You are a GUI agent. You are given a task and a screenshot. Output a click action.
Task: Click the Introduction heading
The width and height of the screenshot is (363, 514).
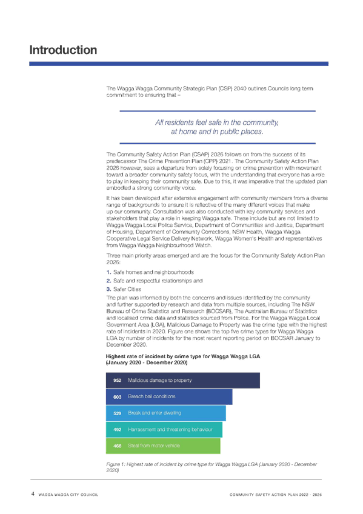point(63,50)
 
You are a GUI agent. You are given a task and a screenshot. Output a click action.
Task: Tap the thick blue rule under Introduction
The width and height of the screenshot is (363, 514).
point(179,64)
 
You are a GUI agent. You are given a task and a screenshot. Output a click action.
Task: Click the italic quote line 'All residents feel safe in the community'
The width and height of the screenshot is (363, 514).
point(217,122)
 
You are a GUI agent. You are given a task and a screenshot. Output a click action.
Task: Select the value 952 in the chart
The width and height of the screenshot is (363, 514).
point(118,380)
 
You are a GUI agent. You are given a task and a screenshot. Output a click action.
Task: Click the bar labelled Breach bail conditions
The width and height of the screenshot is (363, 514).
point(169,396)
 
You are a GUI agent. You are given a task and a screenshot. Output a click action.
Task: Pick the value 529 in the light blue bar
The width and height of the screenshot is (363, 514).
point(118,413)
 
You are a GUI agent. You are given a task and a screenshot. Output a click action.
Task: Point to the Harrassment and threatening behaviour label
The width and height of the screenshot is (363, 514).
point(170,429)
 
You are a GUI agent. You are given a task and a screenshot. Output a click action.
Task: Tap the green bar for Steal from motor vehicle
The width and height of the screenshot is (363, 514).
point(163,446)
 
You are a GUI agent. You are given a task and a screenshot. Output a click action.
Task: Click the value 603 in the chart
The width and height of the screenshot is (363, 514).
point(118,396)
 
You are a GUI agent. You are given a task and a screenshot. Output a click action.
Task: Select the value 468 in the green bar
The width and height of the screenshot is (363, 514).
point(118,446)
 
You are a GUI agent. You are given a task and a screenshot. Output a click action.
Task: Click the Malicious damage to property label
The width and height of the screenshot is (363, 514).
point(160,380)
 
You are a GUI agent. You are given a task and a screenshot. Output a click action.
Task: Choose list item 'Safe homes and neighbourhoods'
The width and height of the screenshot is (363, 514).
point(153,272)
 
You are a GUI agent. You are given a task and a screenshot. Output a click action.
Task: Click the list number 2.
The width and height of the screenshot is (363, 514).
point(108,281)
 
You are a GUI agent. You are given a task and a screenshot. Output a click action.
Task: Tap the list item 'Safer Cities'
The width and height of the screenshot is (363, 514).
point(127,289)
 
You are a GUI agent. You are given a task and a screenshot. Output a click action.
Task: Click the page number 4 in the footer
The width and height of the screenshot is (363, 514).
point(33,493)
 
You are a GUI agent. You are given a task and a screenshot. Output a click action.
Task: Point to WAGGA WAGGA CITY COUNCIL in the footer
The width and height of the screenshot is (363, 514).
point(68,495)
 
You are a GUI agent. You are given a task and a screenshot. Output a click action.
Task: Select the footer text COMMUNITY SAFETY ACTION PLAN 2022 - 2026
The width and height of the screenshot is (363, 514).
point(276,495)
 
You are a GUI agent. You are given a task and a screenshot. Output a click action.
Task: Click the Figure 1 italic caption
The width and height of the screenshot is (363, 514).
point(211,467)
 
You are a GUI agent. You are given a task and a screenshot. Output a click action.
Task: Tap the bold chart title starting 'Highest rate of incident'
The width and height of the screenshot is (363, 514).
point(183,359)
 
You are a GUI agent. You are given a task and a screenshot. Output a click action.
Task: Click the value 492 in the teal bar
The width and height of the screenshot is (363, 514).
point(118,429)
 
